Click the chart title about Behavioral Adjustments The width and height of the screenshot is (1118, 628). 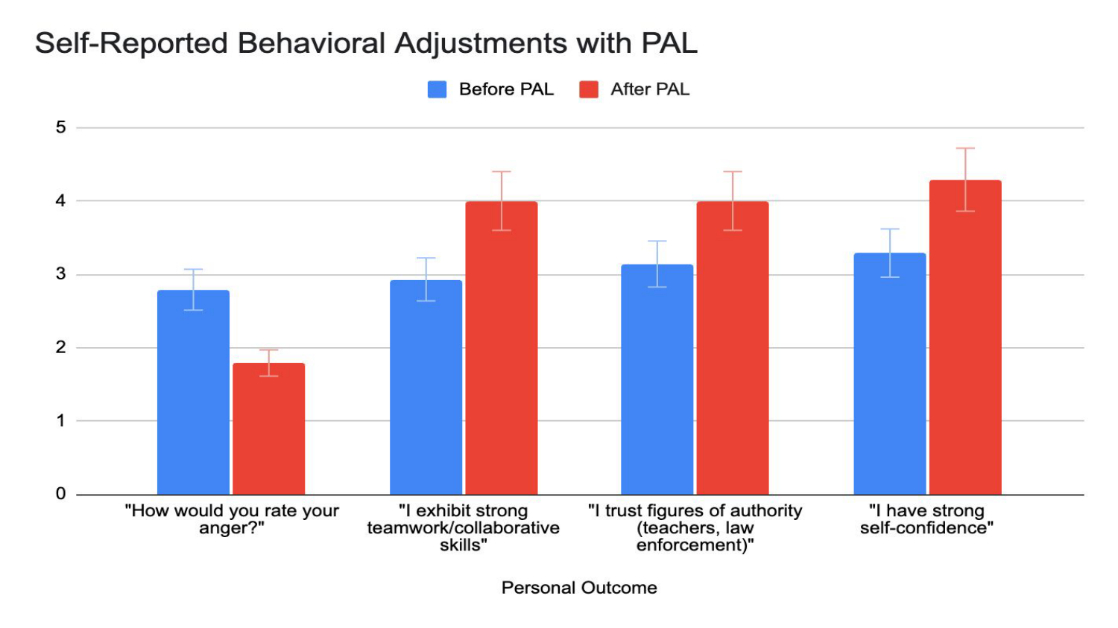click(366, 43)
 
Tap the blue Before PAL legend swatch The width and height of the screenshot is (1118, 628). click(437, 89)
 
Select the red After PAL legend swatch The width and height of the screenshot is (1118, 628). click(589, 89)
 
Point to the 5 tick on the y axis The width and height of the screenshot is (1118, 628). click(60, 127)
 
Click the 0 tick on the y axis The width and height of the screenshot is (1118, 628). click(60, 494)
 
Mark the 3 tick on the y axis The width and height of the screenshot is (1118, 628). click(60, 274)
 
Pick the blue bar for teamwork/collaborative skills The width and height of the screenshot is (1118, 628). click(426, 387)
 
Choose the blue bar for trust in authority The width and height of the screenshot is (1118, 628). click(657, 379)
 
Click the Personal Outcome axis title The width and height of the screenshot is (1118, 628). click(579, 588)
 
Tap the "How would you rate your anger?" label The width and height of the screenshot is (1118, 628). click(232, 519)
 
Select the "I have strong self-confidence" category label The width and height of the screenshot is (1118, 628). click(926, 519)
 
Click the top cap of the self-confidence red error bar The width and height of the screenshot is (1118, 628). click(965, 148)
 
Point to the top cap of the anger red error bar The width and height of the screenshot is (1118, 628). click(269, 350)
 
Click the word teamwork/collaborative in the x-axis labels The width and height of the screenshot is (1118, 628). click(463, 528)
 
